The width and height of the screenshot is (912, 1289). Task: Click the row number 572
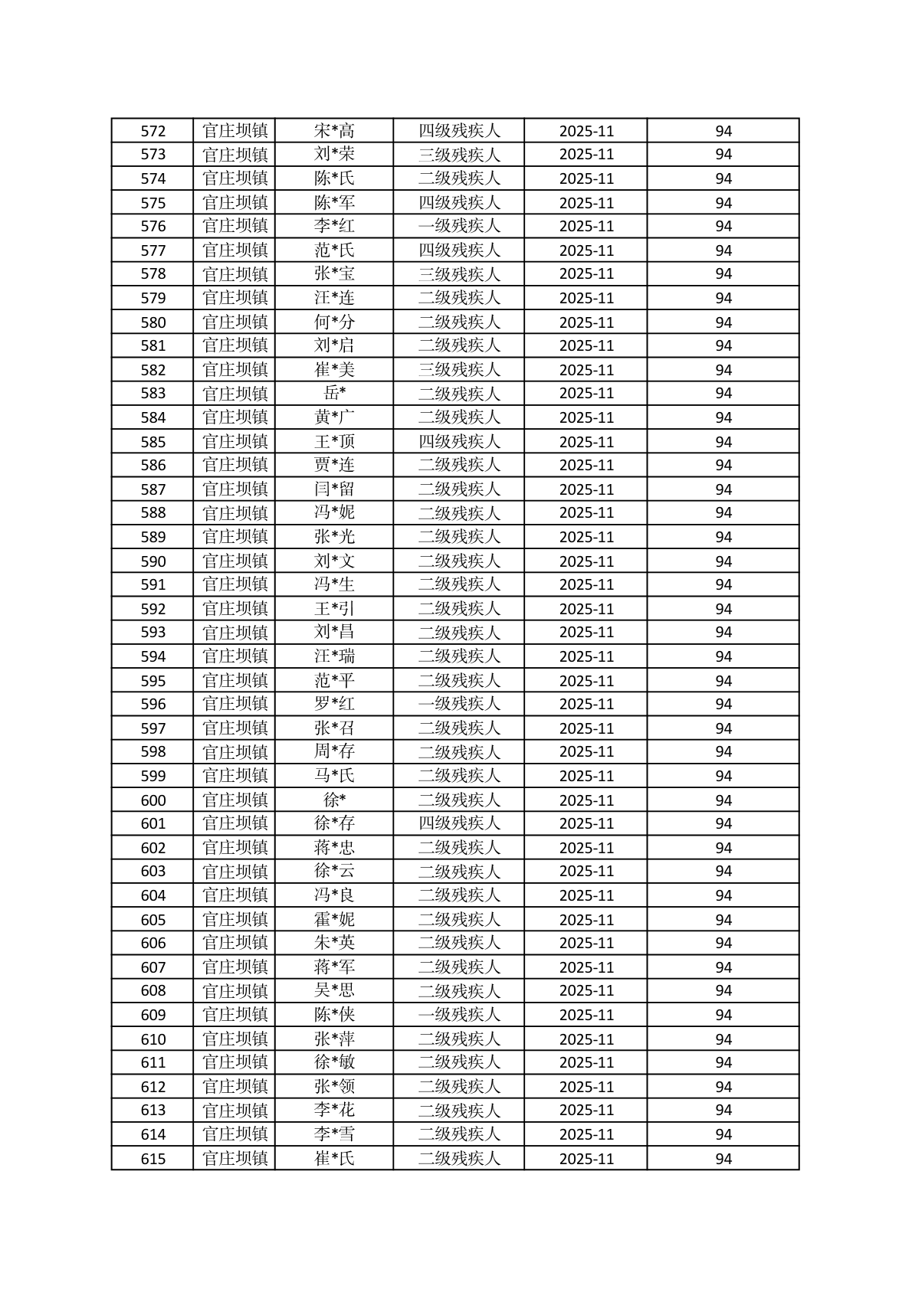153,131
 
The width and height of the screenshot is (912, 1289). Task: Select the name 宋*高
334,131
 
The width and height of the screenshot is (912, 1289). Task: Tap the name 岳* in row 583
334,394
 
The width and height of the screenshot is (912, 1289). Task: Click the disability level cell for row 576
458,226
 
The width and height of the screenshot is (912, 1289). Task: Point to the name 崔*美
334,370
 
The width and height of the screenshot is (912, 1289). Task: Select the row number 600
153,800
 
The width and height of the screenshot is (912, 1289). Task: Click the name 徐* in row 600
334,800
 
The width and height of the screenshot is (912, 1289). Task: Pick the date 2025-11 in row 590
586,561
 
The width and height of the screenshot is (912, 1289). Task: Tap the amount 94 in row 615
723,1159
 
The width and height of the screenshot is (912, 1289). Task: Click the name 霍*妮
334,920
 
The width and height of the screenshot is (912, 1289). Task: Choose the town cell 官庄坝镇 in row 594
235,656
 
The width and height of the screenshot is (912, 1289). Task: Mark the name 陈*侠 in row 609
334,1015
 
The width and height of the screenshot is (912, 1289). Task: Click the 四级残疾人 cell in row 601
458,823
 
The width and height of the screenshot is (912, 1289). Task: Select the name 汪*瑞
334,656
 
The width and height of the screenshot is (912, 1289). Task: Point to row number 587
153,489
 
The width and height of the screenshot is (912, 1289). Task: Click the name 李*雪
334,1134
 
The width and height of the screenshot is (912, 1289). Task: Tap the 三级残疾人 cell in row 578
458,273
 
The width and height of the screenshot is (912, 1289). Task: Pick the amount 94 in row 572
723,131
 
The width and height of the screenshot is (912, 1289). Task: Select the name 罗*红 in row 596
334,704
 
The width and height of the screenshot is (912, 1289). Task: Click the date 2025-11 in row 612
586,1087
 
